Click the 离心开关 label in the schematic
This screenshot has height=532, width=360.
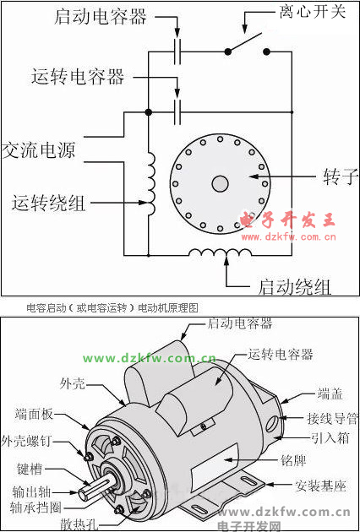pos(313,12)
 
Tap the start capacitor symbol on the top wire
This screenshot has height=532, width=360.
pos(177,52)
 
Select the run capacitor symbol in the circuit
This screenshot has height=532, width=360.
pos(177,112)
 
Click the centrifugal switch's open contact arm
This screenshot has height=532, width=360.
pos(244,42)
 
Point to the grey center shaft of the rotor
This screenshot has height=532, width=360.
pos(220,183)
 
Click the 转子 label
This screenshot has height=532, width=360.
pos(341,176)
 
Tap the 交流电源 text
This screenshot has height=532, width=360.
pos(38,150)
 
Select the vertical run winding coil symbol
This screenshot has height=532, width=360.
pos(151,183)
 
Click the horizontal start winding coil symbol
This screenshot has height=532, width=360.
pos(221,252)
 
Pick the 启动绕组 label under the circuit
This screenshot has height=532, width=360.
pos(294,287)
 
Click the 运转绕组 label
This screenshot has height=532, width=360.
pos(48,203)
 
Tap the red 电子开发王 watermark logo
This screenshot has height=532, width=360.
pos(287,220)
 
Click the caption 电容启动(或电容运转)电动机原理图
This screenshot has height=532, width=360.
pos(112,307)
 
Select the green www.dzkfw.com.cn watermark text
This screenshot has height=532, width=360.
pos(150,358)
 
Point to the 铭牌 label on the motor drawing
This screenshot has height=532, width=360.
pos(294,460)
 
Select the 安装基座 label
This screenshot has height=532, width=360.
pos(320,486)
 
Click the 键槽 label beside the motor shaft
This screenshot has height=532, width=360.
pos(30,470)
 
